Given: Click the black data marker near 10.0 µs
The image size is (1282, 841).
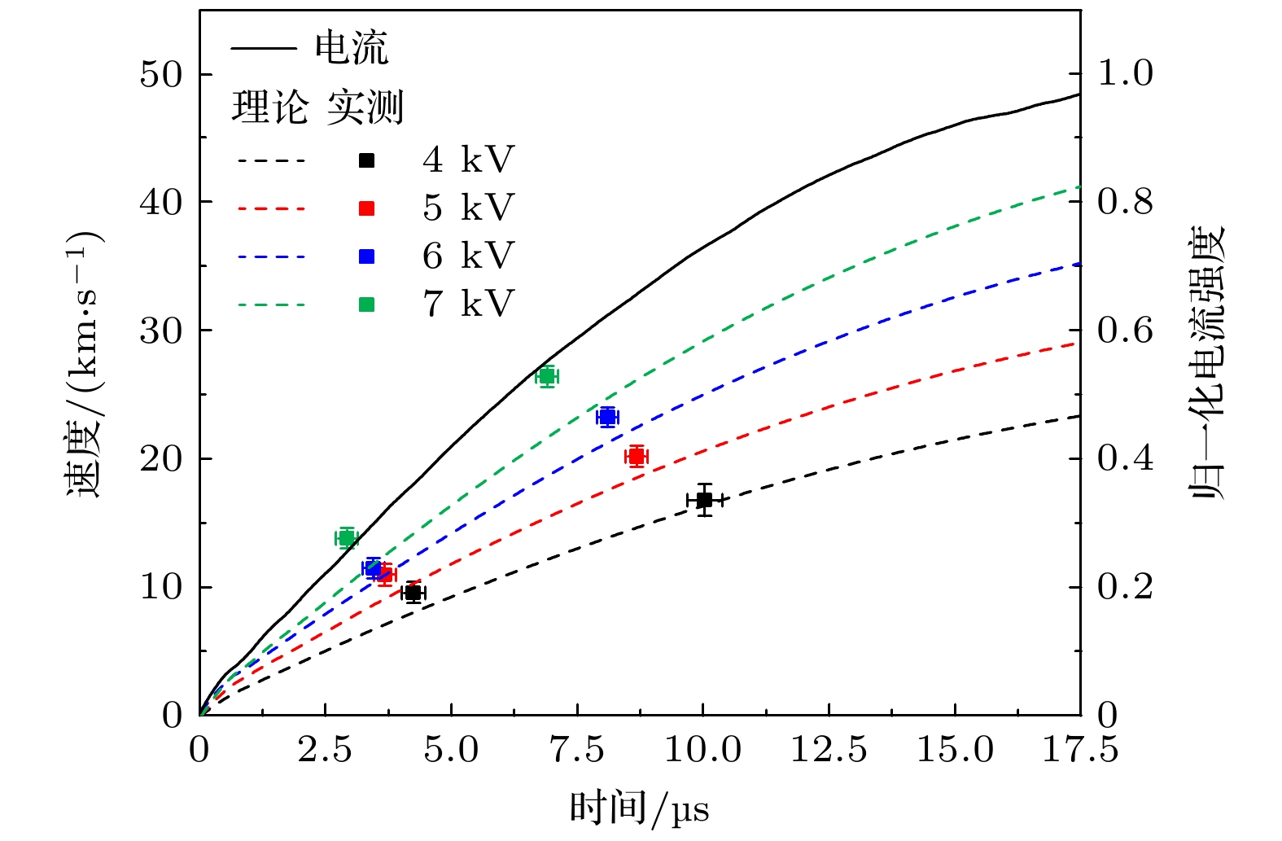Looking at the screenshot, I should pos(704,500).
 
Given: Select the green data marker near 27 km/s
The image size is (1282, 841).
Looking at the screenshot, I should pos(547,376).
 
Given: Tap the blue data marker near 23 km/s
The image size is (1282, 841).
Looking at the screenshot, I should pos(607,418).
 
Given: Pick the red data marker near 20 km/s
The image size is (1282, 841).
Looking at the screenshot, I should pos(637,457).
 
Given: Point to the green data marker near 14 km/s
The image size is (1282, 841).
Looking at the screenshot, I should pos(346,538).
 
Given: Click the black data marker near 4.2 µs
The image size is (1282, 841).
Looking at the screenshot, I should pos(413,593).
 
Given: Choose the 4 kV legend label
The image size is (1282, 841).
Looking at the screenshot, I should pos(468,160).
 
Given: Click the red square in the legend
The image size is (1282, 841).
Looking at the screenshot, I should pos(367,208).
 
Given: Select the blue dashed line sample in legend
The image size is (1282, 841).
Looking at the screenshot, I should pos(272,257).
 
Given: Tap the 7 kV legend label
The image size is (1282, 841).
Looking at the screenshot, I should pos(468,304).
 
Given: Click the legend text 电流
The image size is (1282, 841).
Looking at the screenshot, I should pos(352,49).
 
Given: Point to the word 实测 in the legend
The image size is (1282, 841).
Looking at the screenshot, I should pos(365,107).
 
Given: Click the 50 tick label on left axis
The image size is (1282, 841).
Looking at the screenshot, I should pos(161,74).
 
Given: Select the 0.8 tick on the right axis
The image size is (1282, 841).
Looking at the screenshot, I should pos(1125,202).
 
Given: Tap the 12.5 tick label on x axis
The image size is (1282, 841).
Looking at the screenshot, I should pos(829,750).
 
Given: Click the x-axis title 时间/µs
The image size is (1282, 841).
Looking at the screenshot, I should pos(640,809).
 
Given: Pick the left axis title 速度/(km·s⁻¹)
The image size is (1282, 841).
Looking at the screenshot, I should pos(84,363).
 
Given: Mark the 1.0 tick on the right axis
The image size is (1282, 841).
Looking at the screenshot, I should pos(1125,73).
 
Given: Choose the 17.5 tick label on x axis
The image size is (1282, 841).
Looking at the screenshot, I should pos(1080,750).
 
